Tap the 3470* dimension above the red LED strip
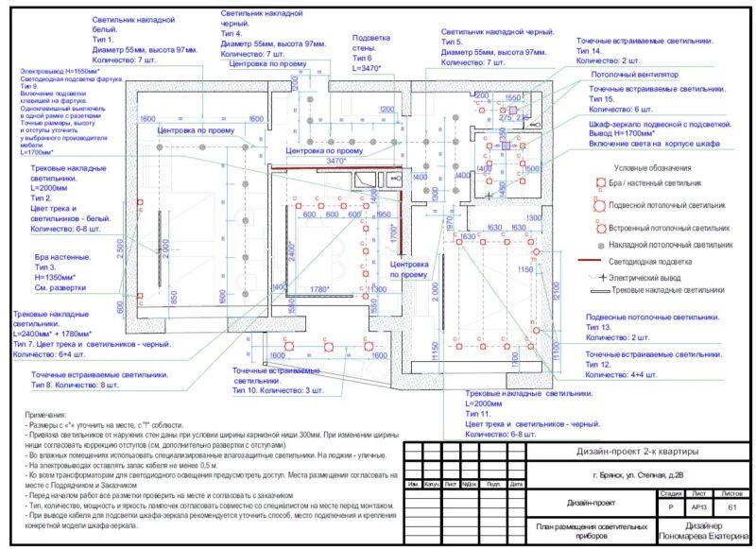coord(335,162)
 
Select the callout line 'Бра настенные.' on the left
coord(63,257)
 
